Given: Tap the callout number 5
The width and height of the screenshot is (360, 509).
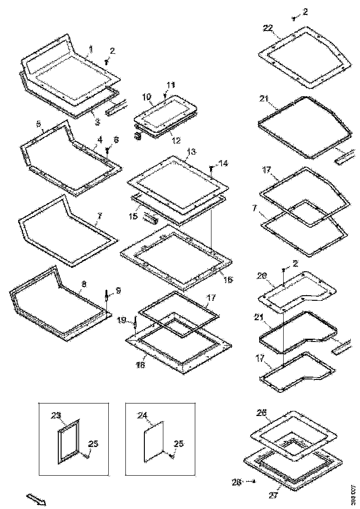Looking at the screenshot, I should pyautogui.click(x=38, y=124).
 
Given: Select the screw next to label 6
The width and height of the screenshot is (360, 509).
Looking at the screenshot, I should pyautogui.click(x=108, y=150).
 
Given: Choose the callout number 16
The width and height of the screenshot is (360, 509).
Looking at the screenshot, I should pyautogui.click(x=228, y=279).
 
